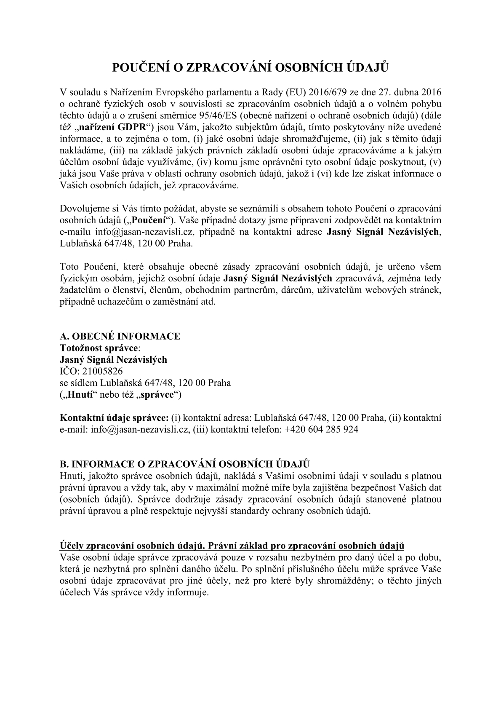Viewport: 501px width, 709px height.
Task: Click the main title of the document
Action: tap(250, 67)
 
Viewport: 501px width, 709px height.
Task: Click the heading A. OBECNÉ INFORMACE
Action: tap(120, 336)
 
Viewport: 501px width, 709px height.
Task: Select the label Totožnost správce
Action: tap(99, 348)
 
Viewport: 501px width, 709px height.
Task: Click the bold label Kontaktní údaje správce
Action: tap(115, 418)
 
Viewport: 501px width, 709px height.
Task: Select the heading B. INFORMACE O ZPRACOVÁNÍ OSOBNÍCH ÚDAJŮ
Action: tap(185, 464)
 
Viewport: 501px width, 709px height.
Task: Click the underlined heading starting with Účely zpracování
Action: tap(232, 546)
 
